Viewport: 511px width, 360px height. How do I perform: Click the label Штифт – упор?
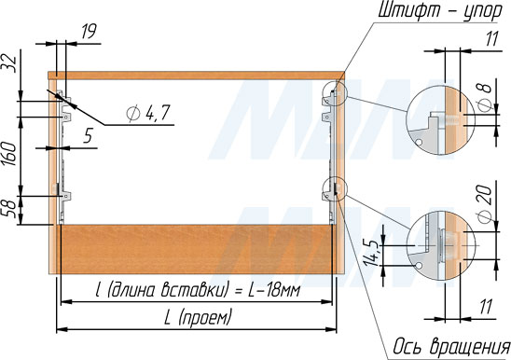[x=440, y=12]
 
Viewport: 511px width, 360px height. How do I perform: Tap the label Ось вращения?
[x=451, y=346]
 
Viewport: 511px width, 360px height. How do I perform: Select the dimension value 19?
[x=88, y=32]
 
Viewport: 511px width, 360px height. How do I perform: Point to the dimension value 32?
[x=10, y=63]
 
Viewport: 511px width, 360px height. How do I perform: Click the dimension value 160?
[x=11, y=154]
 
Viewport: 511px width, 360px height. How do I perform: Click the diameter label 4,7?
[x=148, y=113]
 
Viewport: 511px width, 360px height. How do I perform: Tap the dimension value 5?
[x=89, y=135]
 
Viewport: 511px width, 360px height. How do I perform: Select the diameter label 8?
[x=485, y=96]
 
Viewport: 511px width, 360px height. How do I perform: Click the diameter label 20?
[x=485, y=205]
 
